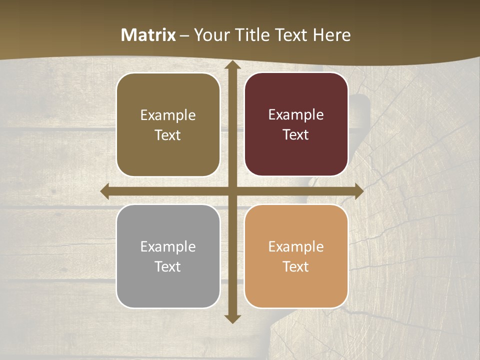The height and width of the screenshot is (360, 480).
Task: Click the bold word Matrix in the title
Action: pyautogui.click(x=148, y=34)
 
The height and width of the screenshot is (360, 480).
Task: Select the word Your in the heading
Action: pyautogui.click(x=209, y=34)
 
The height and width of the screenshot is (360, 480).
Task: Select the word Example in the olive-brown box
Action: pyautogui.click(x=168, y=115)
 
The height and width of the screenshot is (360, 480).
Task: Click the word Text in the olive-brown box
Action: pyautogui.click(x=168, y=135)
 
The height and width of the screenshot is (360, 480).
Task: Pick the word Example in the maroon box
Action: pyautogui.click(x=296, y=115)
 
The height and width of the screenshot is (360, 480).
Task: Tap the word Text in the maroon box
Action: pyautogui.click(x=296, y=135)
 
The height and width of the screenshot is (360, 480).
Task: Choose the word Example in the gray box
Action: pyautogui.click(x=168, y=247)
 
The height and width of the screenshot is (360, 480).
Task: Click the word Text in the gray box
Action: pyautogui.click(x=168, y=267)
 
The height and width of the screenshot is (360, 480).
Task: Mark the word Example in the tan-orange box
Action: pyautogui.click(x=296, y=247)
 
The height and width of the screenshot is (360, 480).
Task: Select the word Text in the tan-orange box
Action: pyautogui.click(x=296, y=267)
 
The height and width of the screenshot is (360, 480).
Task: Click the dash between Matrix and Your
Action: pyautogui.click(x=184, y=35)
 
